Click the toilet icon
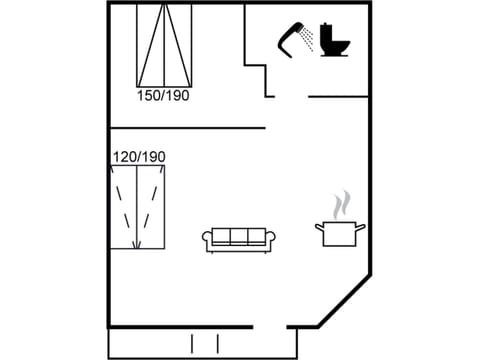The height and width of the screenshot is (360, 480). pos(333,40)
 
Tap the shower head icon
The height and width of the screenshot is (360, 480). pos(291,35)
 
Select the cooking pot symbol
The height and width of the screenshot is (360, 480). pos(340,233)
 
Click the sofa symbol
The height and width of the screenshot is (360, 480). pos(240,239)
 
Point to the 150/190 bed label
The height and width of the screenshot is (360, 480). pos(163,96)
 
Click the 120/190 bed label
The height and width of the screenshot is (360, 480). pos(138,157)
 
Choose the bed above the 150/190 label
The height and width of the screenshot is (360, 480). pos(164,45)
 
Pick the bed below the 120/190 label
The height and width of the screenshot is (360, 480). pos(137,207)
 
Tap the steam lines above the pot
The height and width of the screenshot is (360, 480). pos(341,204)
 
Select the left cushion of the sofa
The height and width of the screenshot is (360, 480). pos(221,237)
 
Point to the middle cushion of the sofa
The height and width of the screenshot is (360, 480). pos(240,237)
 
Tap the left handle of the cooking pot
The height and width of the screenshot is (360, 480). pos(319,227)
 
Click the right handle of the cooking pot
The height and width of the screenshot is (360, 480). pos(361,227)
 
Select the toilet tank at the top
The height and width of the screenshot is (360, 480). pos(333,29)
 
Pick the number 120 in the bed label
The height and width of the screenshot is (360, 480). pos(124,157)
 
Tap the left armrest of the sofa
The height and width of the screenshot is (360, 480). pos(207,239)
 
